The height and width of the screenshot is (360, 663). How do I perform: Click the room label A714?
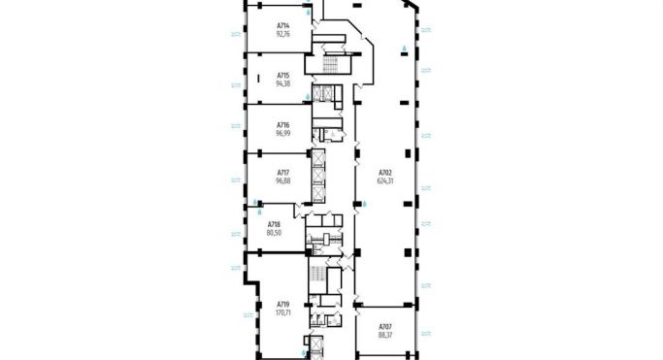[x=283, y=25]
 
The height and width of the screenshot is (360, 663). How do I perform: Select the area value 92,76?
[x=283, y=33]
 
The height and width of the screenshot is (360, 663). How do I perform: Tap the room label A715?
[x=283, y=75]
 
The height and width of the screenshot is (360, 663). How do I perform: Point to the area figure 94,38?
[x=283, y=82]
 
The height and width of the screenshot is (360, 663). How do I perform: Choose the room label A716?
[x=283, y=124]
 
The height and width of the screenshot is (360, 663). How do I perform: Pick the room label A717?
[x=283, y=173]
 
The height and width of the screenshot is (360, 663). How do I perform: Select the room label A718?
[x=274, y=224]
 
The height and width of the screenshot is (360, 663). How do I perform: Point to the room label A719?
[x=283, y=304]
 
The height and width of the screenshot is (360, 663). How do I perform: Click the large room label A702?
[x=385, y=173]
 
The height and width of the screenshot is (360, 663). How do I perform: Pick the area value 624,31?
[x=385, y=180]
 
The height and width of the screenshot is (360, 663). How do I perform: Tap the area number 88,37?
[x=385, y=335]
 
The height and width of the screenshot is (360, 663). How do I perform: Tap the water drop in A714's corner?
[x=309, y=14]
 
